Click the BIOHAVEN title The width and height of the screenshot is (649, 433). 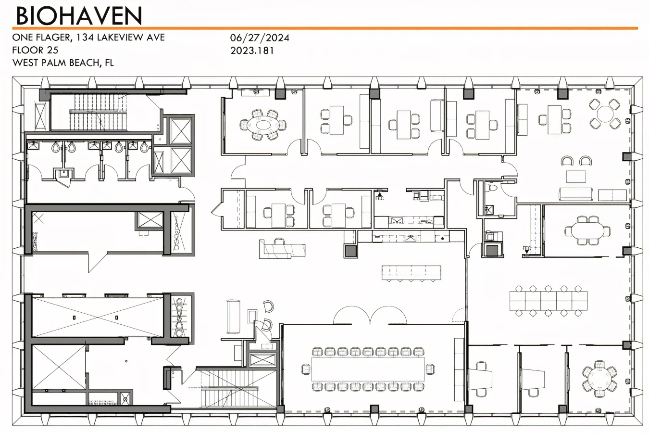pos(79,15)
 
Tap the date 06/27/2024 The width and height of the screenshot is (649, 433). pos(260,38)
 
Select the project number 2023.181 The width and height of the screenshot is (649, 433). pos(252,50)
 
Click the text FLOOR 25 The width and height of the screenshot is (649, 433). pos(36,50)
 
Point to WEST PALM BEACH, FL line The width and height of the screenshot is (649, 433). pos(63,63)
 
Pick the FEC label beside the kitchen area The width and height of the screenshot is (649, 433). pos(379,198)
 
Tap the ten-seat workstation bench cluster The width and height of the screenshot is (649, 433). pos(548,301)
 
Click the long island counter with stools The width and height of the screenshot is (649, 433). pos(411,272)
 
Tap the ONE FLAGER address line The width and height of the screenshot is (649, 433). pos(88,38)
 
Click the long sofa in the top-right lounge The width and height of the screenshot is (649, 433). pos(576,194)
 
